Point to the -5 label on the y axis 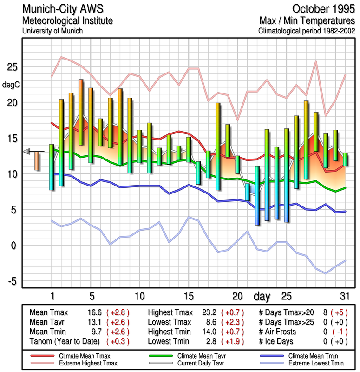[13, 281]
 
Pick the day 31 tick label [344, 296]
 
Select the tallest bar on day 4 [81, 112]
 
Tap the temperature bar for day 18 [218, 146]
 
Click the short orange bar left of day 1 [37, 160]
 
